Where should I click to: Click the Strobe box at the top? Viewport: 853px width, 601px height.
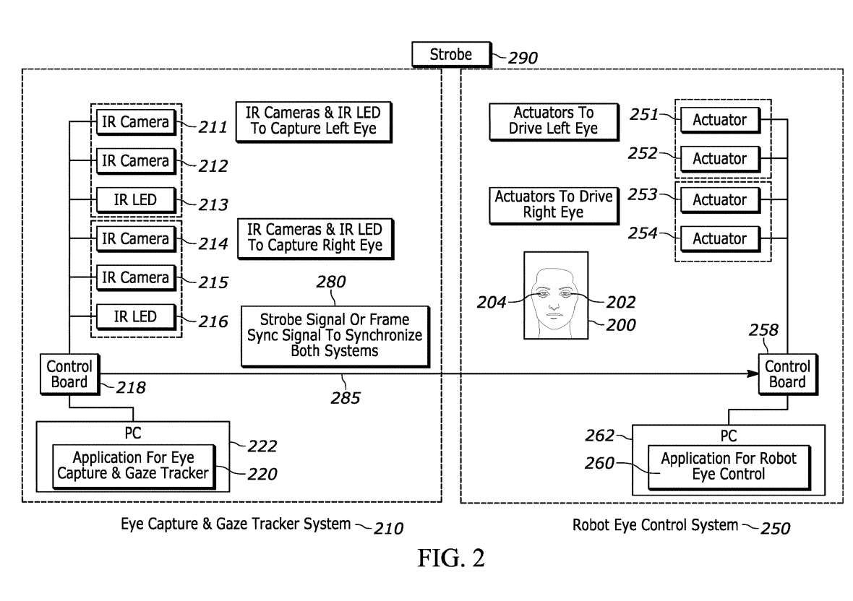click(450, 54)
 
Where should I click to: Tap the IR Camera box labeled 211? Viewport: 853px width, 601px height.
click(135, 122)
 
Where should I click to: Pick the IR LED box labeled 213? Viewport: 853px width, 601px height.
click(135, 199)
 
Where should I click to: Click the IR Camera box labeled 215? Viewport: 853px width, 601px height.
click(135, 277)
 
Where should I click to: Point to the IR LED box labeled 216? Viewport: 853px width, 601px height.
click(135, 316)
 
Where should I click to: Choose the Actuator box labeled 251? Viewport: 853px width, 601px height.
click(719, 120)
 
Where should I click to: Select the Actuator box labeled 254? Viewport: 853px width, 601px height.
click(719, 238)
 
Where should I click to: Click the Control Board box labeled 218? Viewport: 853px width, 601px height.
click(69, 373)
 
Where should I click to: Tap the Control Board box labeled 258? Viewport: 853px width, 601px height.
click(787, 373)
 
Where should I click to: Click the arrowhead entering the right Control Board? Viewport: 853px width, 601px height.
click(752, 373)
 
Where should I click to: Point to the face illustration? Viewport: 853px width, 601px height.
click(555, 295)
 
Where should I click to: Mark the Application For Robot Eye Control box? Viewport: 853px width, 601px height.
click(728, 466)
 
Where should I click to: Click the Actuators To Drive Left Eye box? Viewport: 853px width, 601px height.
click(553, 121)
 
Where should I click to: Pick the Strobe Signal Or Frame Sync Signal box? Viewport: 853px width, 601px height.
click(335, 335)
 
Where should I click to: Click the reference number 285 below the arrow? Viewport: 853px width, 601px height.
click(345, 397)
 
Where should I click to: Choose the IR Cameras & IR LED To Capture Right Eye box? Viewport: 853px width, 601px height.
click(314, 238)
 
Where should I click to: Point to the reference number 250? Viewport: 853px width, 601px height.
click(775, 528)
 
